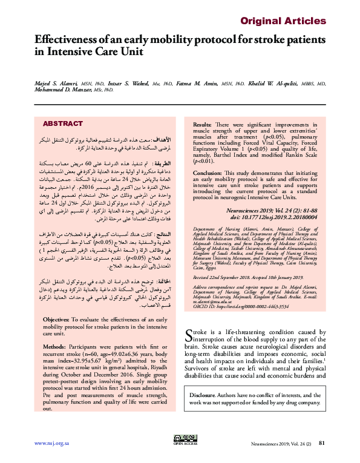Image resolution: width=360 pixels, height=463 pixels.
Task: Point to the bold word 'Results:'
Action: [205, 123]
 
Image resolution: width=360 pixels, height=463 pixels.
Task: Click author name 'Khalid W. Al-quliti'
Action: [266, 82]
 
